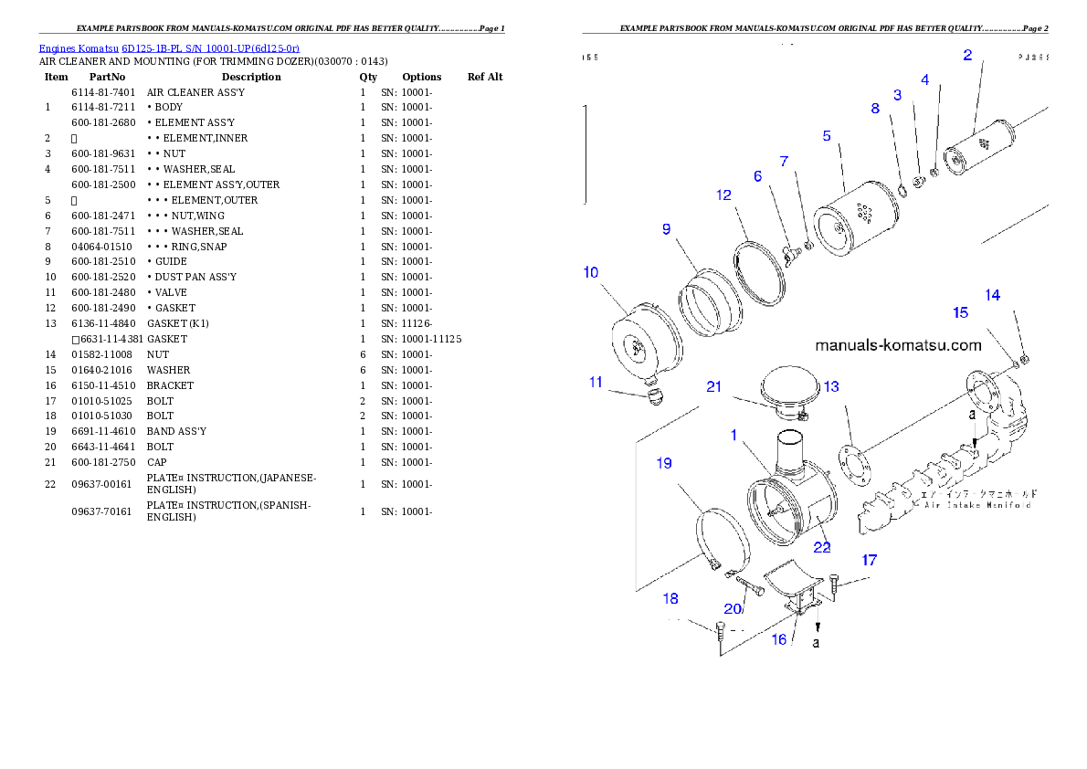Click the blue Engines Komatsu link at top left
(169, 48)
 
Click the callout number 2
(967, 55)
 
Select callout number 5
(827, 135)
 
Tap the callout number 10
(591, 272)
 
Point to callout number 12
(723, 195)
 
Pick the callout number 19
(664, 463)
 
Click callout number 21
(714, 386)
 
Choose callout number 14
(992, 295)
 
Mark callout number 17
(869, 560)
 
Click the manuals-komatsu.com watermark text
(898, 345)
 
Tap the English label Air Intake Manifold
(977, 504)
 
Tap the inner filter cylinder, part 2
(978, 145)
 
